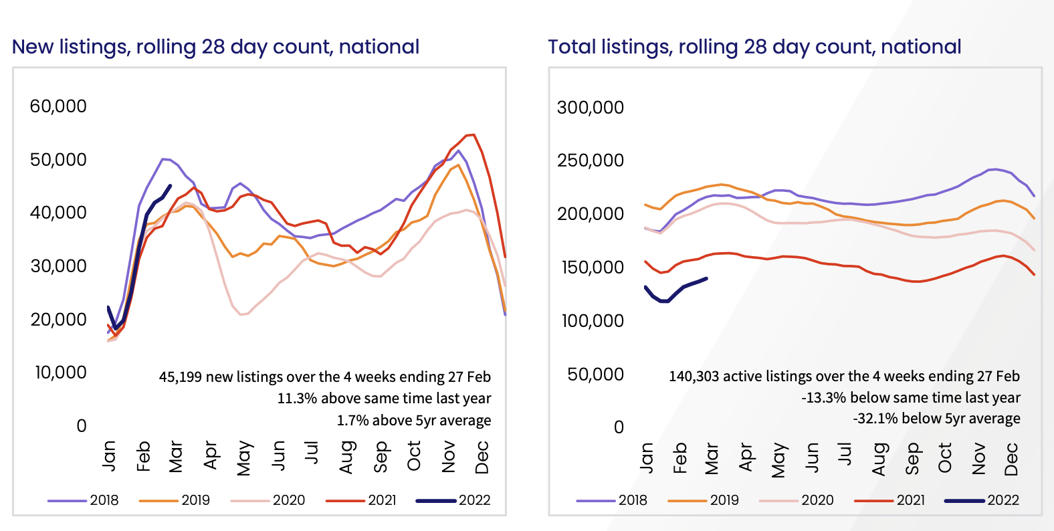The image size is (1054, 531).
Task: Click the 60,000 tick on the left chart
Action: click(x=58, y=106)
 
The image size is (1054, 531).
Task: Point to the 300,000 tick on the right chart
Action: click(x=590, y=108)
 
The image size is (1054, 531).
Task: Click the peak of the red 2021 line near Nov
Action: click(x=473, y=135)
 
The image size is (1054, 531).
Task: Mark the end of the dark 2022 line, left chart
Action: click(x=171, y=186)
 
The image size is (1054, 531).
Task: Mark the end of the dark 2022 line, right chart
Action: click(x=707, y=278)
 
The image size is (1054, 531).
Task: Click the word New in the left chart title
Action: click(x=33, y=47)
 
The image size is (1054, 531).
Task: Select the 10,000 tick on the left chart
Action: click(x=61, y=373)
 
